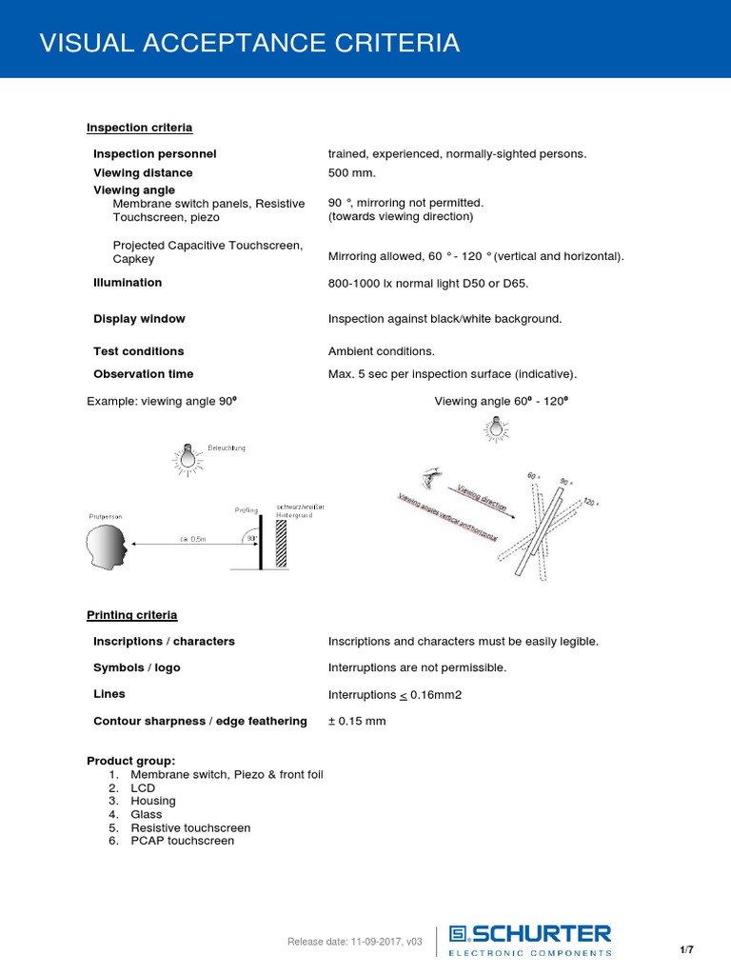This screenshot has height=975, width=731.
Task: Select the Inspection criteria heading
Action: click(x=139, y=128)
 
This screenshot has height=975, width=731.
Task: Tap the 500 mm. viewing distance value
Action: click(x=352, y=172)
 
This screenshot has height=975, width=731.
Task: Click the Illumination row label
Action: click(x=128, y=283)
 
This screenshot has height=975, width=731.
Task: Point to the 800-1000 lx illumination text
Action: click(x=427, y=284)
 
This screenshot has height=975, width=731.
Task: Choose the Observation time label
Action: click(x=143, y=374)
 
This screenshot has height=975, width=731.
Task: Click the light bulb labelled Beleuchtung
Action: click(x=189, y=459)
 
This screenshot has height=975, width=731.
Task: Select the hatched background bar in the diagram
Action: click(x=281, y=544)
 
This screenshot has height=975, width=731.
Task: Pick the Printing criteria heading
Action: click(x=131, y=615)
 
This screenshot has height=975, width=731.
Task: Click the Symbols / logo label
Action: click(x=136, y=668)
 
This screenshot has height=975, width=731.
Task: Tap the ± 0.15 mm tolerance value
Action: click(x=357, y=722)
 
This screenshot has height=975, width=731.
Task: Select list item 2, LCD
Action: click(x=143, y=788)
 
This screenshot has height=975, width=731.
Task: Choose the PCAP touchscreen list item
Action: click(x=182, y=841)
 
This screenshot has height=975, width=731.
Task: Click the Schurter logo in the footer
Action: click(x=530, y=939)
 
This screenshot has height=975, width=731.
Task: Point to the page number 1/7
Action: click(x=686, y=950)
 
